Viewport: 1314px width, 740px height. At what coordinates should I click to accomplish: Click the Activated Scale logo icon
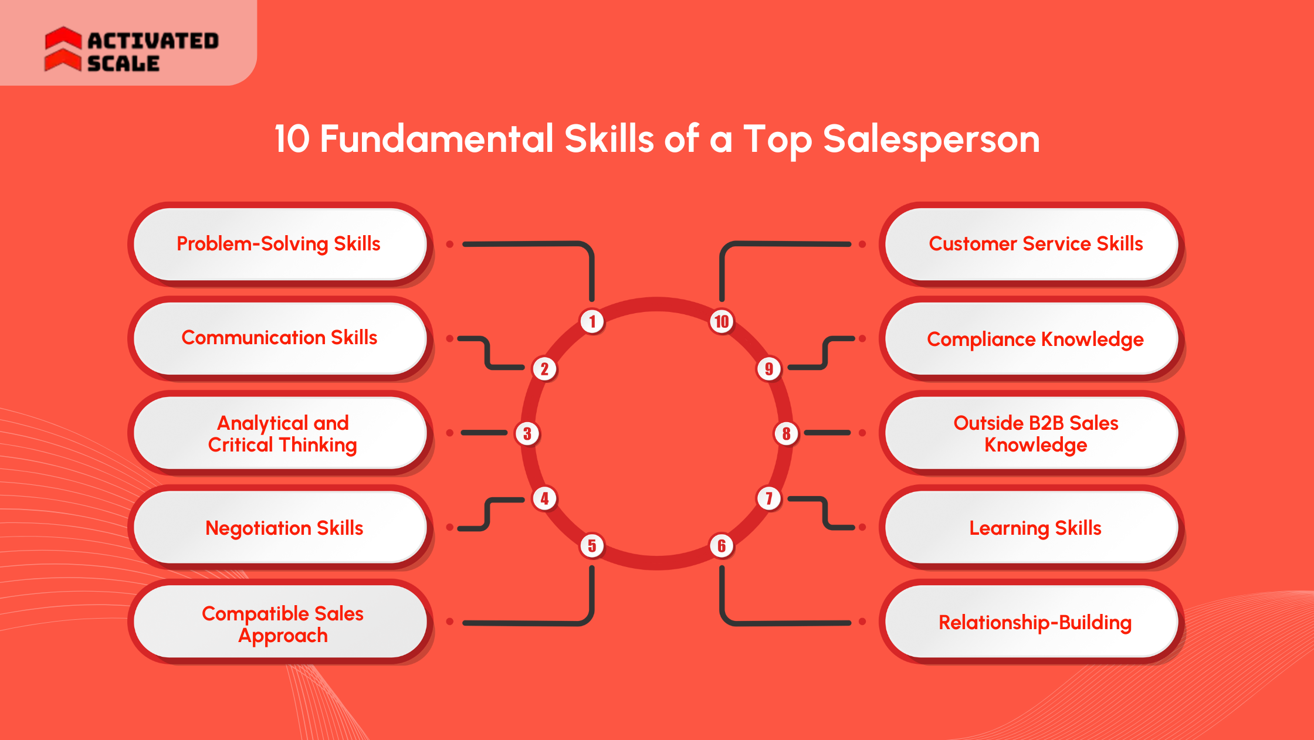click(63, 49)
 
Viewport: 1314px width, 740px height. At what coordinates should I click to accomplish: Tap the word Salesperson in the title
click(931, 140)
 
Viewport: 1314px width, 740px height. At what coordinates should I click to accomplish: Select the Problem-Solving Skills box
click(279, 244)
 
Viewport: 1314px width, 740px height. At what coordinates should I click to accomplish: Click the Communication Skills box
click(279, 338)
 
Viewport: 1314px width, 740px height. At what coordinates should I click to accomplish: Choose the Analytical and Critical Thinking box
click(279, 433)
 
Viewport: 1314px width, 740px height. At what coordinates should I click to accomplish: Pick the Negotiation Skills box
click(279, 528)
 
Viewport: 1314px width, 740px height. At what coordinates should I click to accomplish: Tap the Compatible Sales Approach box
click(279, 623)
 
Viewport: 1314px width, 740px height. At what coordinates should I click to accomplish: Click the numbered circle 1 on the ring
click(592, 321)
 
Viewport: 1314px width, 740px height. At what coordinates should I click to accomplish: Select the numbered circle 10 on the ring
click(722, 321)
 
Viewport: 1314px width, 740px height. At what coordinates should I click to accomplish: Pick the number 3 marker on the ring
click(527, 433)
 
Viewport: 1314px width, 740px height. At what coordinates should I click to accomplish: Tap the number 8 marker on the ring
click(786, 433)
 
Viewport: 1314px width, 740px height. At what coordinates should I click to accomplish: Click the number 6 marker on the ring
click(722, 546)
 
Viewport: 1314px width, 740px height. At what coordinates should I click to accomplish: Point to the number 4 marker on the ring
click(544, 498)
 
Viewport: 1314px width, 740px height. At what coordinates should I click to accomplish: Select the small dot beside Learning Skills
click(862, 527)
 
